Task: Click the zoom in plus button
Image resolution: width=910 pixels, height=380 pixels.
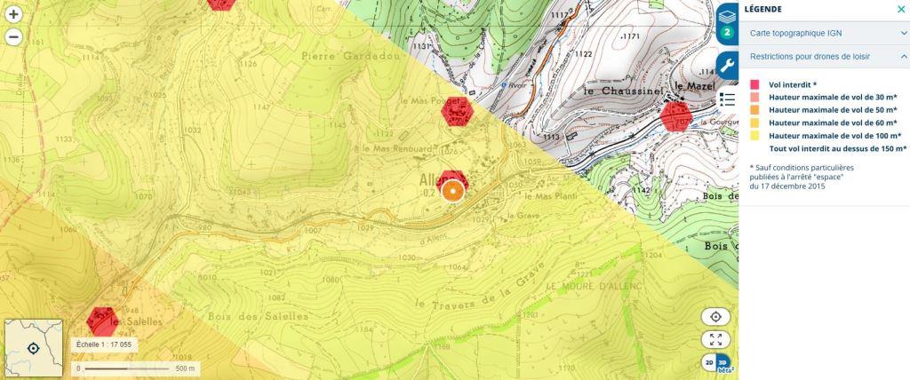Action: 13,15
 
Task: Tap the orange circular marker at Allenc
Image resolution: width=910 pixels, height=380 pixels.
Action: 453,190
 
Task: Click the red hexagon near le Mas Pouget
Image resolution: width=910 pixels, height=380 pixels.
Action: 458,112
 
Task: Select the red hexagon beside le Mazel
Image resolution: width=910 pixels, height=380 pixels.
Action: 677,115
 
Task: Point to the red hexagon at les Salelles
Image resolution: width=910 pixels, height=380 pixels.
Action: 102,321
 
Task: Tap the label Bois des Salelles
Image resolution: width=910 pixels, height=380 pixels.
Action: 257,316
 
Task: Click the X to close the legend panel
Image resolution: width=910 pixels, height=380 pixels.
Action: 901,10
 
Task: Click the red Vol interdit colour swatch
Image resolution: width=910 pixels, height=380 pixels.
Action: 755,83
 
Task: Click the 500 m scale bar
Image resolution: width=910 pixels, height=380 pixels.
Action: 133,368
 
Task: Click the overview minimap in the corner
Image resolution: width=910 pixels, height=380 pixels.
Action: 34,348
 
